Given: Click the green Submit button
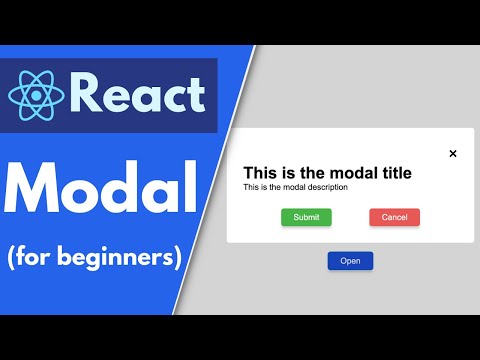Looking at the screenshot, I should [x=306, y=217].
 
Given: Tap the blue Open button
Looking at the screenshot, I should [x=350, y=261].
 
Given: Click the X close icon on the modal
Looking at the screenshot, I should [x=453, y=153].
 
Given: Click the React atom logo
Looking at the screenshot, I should [x=36, y=95].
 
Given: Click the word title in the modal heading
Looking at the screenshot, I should [x=387, y=173].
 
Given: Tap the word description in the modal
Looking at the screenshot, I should [x=322, y=187].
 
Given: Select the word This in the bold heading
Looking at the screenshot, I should [x=262, y=173].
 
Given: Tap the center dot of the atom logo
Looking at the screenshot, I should [x=36, y=95].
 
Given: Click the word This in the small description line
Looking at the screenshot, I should [x=252, y=187].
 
